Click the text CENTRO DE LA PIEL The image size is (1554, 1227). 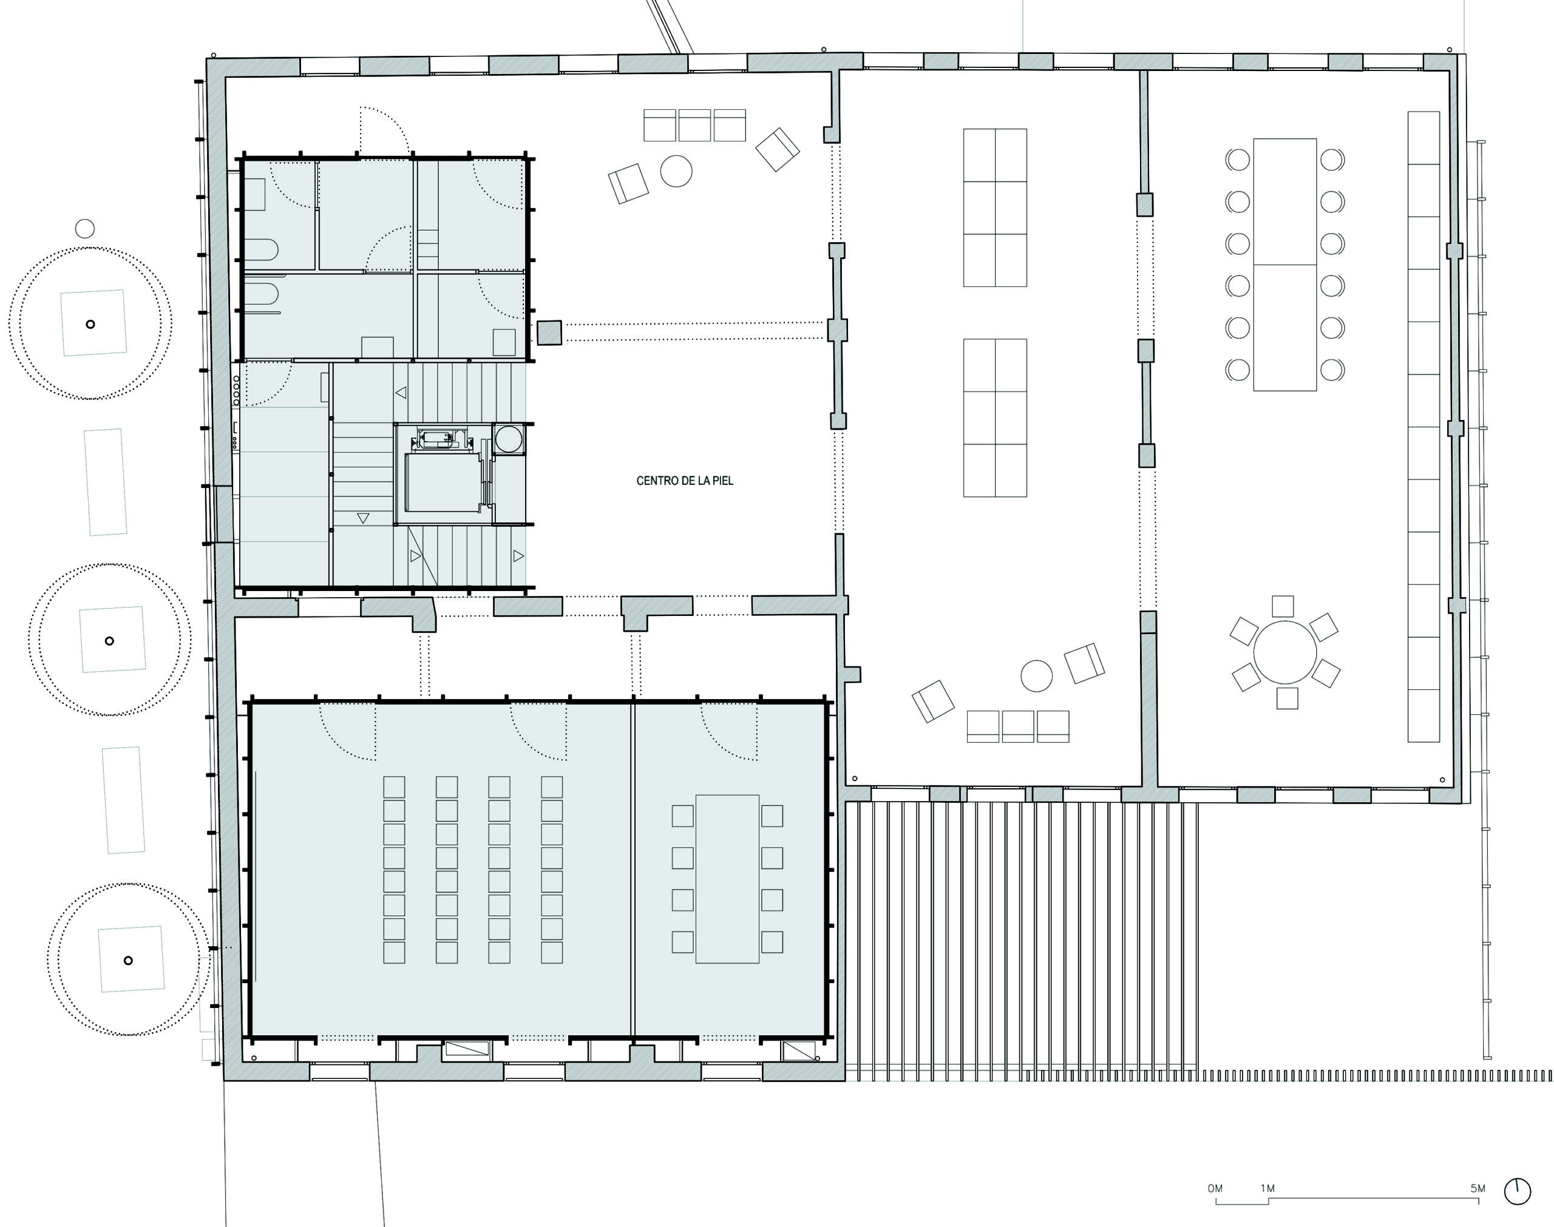click(x=685, y=481)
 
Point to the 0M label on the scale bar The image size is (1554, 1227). click(x=1215, y=1188)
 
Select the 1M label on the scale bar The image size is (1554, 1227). click(x=1267, y=1188)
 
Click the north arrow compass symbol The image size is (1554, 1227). click(x=1518, y=1192)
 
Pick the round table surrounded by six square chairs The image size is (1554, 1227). click(x=1284, y=652)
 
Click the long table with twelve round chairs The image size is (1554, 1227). click(x=1284, y=265)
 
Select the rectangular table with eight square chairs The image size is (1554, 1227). click(x=727, y=879)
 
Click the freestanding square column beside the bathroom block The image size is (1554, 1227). click(x=549, y=333)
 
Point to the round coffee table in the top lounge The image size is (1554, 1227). click(x=676, y=172)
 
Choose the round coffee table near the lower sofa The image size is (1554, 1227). click(x=1036, y=676)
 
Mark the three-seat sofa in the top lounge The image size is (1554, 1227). click(x=694, y=125)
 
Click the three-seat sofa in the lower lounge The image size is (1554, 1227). click(x=1018, y=726)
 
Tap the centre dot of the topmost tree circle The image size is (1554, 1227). click(x=90, y=324)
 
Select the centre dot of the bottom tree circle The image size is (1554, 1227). click(x=128, y=961)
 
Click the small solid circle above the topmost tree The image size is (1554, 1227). click(x=85, y=228)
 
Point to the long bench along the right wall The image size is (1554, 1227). click(x=1423, y=426)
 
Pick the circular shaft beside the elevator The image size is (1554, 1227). click(x=509, y=438)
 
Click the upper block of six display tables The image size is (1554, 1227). click(x=995, y=208)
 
